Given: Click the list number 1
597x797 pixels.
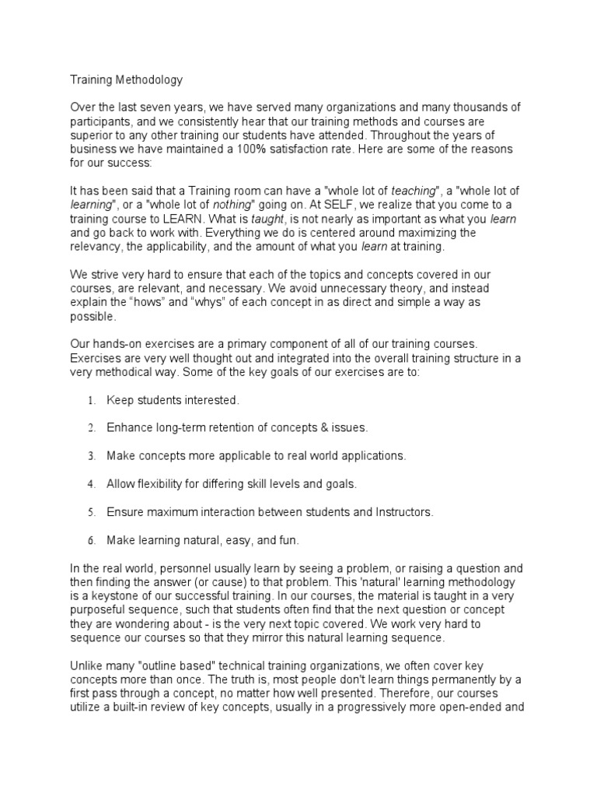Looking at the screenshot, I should tap(91, 401).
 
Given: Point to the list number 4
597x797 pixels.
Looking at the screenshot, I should tap(91, 484).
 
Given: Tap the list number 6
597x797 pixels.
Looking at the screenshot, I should tap(91, 540).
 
